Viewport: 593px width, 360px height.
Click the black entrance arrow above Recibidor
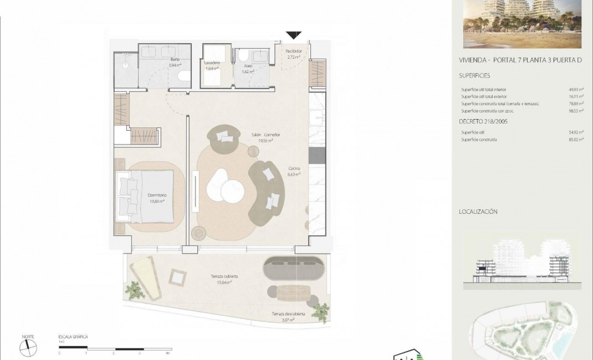click(x=294, y=35)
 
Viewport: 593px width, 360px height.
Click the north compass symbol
click(x=28, y=347)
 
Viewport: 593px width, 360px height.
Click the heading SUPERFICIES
click(x=474, y=75)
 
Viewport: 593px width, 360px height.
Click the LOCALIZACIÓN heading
click(x=478, y=212)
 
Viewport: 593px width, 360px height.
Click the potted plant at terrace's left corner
click(x=134, y=290)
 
